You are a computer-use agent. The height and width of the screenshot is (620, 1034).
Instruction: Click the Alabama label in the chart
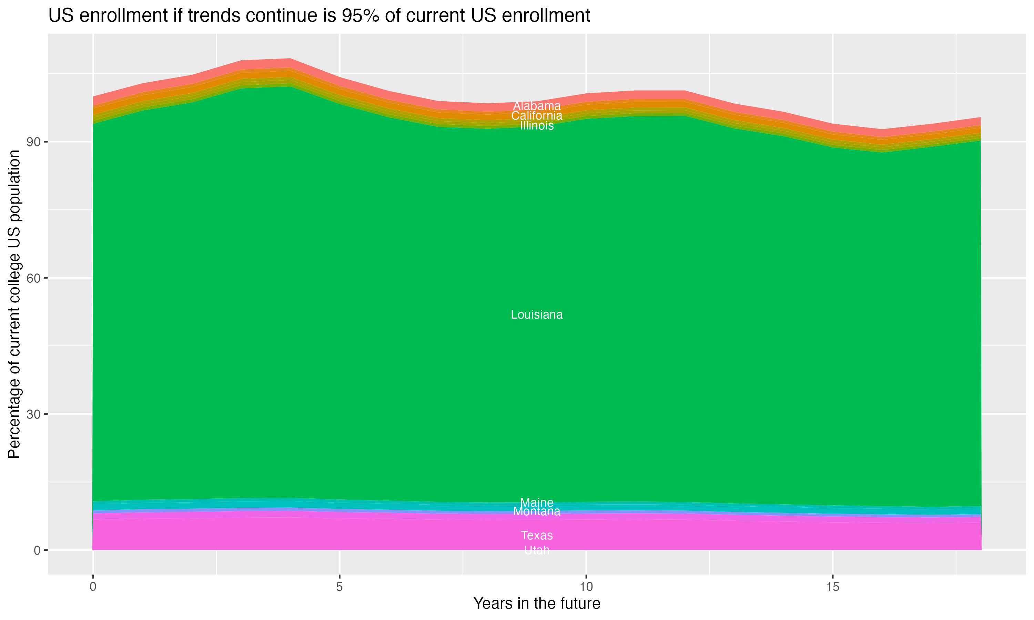537,106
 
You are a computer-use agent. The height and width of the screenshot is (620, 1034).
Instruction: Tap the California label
537,116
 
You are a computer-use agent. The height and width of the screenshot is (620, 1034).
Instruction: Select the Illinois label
537,126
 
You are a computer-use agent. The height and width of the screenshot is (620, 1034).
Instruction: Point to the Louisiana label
537,314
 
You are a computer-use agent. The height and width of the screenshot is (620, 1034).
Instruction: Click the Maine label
537,502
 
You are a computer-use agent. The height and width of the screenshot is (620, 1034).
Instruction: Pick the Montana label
537,511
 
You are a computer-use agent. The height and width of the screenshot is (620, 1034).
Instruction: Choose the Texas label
537,535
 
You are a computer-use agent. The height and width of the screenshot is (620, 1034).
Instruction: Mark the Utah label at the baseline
537,550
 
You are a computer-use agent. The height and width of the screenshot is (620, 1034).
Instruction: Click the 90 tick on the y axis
34,142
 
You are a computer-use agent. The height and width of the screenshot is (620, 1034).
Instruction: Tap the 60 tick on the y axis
34,278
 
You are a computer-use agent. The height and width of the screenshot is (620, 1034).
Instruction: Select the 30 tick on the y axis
34,414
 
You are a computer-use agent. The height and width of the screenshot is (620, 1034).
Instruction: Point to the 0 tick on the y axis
37,550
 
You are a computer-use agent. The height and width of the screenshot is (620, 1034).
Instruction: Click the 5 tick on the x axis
339,587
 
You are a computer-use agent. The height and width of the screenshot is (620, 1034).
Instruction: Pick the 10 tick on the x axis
586,587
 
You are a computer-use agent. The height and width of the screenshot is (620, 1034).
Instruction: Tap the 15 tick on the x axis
833,587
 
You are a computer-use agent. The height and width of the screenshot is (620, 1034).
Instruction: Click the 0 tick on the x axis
93,587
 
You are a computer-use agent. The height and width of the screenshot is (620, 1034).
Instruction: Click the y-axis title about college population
14,304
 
